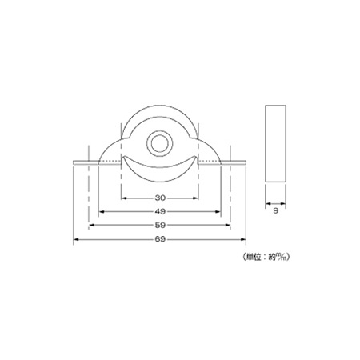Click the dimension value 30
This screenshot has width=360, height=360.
(160, 198)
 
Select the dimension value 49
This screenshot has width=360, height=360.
(160, 211)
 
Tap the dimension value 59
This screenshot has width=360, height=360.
(160, 225)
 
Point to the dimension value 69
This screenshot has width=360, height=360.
(160, 239)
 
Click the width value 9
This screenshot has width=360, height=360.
(276, 210)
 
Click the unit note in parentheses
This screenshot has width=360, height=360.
(266, 257)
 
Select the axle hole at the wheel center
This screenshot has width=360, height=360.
(159, 143)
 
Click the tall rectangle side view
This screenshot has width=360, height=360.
(276, 143)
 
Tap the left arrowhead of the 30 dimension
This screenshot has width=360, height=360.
(123, 198)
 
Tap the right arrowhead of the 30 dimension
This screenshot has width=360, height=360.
(196, 198)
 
